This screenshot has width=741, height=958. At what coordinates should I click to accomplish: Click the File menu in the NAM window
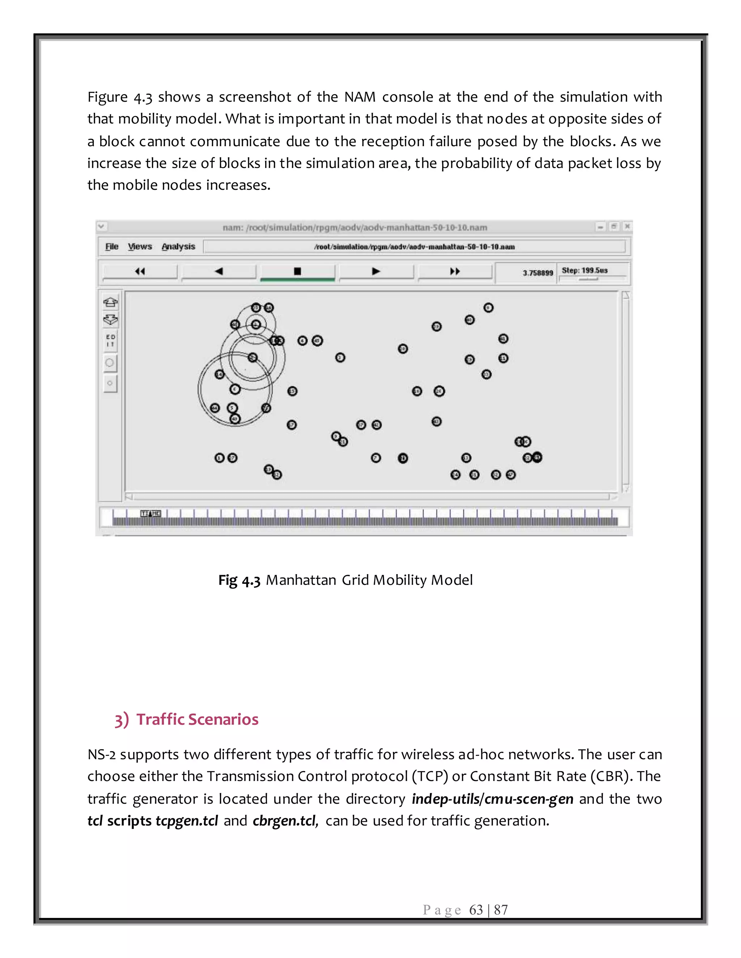point(111,247)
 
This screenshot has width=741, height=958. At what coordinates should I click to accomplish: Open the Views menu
point(140,247)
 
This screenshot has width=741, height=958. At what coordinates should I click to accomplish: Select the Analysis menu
point(178,247)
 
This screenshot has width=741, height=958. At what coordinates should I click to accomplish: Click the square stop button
point(297,271)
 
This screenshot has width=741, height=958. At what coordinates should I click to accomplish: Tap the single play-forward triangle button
point(376,271)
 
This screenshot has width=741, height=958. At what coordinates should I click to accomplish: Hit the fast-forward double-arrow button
point(455,271)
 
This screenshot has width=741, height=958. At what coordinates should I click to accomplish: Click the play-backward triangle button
point(219,271)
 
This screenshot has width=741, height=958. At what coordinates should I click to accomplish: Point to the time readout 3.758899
point(537,273)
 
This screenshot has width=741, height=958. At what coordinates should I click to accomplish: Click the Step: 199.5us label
point(584,270)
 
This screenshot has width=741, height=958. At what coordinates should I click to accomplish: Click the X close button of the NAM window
point(627,226)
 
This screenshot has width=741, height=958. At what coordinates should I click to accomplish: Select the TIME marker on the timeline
point(151,513)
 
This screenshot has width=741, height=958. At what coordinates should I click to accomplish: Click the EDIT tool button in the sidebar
point(111,341)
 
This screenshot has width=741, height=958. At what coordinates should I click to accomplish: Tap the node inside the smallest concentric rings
point(256,325)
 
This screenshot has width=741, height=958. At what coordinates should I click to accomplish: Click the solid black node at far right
point(537,458)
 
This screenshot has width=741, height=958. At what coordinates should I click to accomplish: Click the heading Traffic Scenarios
point(197,719)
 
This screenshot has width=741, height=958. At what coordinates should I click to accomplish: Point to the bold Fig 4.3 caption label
point(239,580)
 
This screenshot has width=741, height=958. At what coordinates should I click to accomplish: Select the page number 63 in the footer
point(476,910)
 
